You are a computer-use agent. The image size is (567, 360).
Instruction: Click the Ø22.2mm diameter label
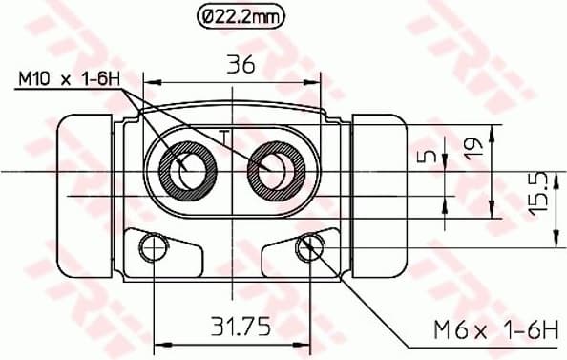coord(240,15)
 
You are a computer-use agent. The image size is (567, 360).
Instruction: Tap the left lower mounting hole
coord(152,249)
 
